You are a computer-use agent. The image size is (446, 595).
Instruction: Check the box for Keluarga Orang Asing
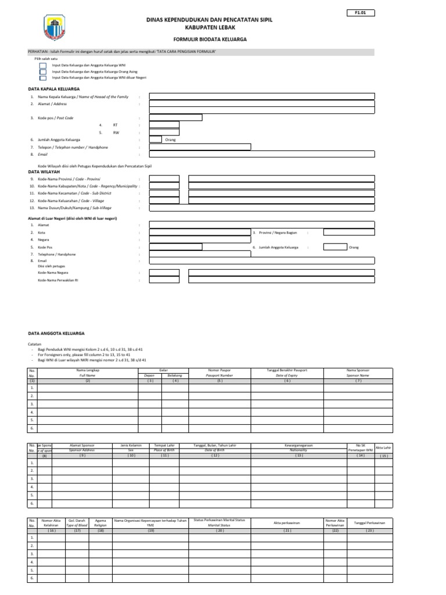[43, 71]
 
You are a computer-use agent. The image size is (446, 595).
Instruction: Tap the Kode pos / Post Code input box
[175, 117]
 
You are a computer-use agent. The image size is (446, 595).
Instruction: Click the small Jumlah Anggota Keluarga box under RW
[156, 139]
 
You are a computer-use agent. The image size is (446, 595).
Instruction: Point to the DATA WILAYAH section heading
[44, 173]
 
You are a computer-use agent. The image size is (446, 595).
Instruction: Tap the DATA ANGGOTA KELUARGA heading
[57, 334]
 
